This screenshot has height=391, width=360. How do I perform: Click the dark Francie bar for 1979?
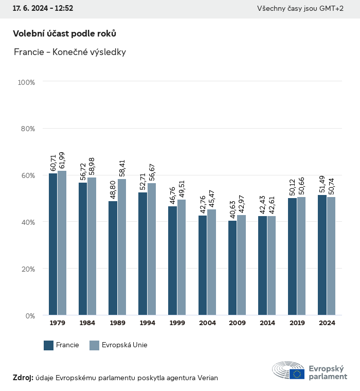[x=53, y=244]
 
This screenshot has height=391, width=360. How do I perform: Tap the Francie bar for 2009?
[x=232, y=268]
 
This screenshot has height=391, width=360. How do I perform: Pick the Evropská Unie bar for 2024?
[x=331, y=256]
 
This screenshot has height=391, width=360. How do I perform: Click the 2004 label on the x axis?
[x=207, y=323]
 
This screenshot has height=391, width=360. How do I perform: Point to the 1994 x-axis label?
[x=147, y=323]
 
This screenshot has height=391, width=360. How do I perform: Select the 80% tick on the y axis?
[x=28, y=129]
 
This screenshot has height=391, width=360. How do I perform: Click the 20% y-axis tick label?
[x=28, y=269]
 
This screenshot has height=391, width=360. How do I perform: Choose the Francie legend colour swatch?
[x=49, y=345]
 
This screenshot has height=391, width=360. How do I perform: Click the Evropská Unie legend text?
[x=124, y=345]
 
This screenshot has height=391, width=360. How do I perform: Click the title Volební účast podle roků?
[x=64, y=33]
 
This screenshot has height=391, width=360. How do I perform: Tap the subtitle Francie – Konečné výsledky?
[x=70, y=52]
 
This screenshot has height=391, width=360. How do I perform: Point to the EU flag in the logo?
[x=296, y=374]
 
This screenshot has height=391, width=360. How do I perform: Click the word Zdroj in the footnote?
[x=23, y=378]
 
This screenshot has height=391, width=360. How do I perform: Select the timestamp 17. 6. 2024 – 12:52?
[x=43, y=9]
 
